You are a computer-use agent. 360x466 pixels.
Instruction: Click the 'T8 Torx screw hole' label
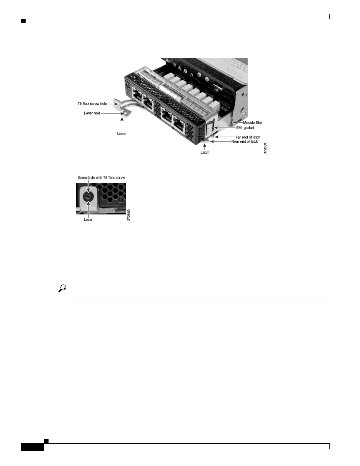(92, 104)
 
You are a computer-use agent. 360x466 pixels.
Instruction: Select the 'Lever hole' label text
(92, 113)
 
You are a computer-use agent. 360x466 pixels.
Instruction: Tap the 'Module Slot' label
(252, 123)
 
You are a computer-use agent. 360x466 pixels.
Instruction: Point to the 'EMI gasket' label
(245, 128)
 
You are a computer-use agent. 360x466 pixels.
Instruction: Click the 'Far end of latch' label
(248, 137)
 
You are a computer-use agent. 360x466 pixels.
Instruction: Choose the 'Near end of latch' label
(245, 142)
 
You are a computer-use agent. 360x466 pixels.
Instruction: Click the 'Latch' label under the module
(205, 152)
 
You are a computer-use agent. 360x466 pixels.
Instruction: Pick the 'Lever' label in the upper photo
(121, 134)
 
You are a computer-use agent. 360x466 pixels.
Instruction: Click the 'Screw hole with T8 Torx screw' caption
(101, 178)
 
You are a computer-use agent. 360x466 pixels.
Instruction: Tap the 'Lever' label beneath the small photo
(88, 219)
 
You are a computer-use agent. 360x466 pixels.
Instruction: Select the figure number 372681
(265, 149)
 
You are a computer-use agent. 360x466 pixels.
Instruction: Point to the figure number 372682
(129, 215)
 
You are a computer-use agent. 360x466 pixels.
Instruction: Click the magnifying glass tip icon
(62, 289)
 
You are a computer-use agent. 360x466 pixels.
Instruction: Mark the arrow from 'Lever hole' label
(113, 113)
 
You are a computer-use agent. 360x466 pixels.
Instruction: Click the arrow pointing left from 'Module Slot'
(238, 122)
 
